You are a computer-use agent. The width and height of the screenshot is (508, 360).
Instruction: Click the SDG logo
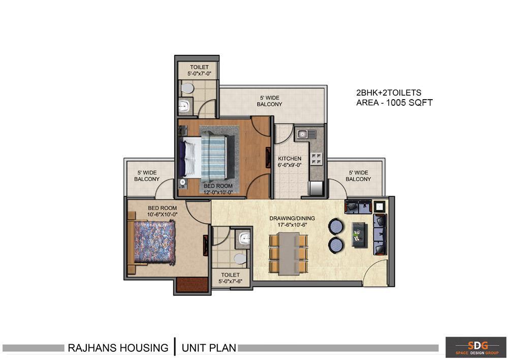pos(475,347)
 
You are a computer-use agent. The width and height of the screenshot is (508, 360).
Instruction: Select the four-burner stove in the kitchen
pos(317,158)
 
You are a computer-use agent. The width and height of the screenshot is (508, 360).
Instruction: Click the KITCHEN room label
pos(290,159)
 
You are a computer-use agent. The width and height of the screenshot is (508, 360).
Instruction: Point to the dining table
pos(289,254)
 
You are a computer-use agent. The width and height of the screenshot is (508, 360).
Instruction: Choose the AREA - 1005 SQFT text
pos(394,103)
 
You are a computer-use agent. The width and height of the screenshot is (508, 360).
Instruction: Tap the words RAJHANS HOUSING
pos(118,348)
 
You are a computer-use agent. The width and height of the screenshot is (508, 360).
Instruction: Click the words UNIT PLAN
pos(209,348)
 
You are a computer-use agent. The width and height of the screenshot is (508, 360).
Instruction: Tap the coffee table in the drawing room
pos(360,234)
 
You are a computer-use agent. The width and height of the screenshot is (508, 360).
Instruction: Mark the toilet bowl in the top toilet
pos(187,88)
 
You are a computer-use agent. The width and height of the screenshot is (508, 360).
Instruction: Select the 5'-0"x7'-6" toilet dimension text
pos(230,282)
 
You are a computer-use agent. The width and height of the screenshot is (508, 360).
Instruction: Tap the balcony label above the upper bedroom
pos(270,101)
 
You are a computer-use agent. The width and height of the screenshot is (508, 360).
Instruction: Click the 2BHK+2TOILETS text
pos(389,93)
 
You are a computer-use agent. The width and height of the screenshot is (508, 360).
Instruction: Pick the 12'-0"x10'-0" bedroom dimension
pos(218,193)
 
